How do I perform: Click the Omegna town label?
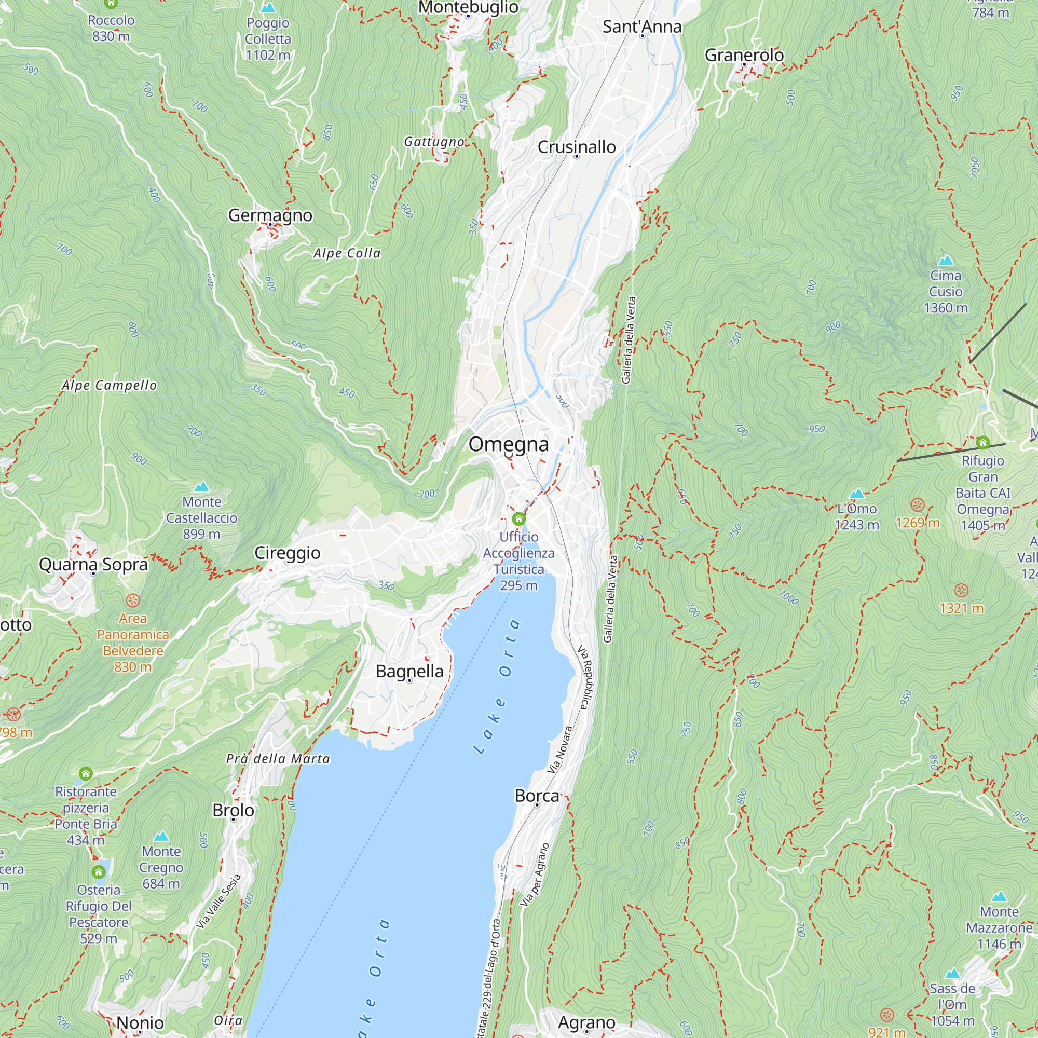(508, 444)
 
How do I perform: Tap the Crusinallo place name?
(577, 147)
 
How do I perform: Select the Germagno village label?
(270, 215)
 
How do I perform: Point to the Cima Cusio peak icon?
(946, 261)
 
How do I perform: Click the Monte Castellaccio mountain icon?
(201, 487)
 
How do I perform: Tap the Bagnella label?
(409, 671)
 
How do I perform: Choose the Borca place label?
(537, 796)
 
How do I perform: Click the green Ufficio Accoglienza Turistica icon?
(518, 519)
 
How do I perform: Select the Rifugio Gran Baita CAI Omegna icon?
(982, 443)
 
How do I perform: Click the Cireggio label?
(287, 553)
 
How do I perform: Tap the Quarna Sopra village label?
(93, 565)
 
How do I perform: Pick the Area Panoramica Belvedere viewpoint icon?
(133, 600)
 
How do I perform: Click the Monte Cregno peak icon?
(161, 837)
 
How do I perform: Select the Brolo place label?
(233, 810)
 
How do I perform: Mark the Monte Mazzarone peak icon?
(999, 897)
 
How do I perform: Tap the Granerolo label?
(744, 55)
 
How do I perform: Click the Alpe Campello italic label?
(109, 385)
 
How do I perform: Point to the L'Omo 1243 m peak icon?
(857, 493)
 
